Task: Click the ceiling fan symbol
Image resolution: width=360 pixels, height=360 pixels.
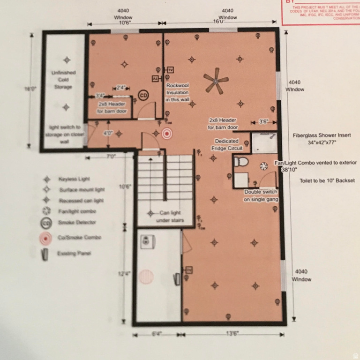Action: (x=216, y=81)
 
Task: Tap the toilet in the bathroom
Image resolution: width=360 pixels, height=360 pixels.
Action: (x=241, y=162)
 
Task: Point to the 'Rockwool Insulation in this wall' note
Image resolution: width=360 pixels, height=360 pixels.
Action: (x=178, y=93)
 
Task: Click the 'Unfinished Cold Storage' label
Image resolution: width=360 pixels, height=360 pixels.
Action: (x=63, y=80)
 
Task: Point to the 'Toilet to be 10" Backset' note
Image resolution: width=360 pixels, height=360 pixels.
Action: (x=327, y=180)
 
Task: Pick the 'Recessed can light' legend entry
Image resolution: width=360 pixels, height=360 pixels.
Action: (x=81, y=201)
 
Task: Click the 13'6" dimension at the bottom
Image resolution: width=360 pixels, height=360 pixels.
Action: (x=232, y=334)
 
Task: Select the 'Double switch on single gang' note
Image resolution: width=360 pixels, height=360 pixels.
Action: (x=260, y=196)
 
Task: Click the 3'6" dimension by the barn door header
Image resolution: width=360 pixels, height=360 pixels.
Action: (x=263, y=121)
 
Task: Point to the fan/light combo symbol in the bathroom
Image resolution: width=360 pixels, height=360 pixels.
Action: (x=264, y=165)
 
